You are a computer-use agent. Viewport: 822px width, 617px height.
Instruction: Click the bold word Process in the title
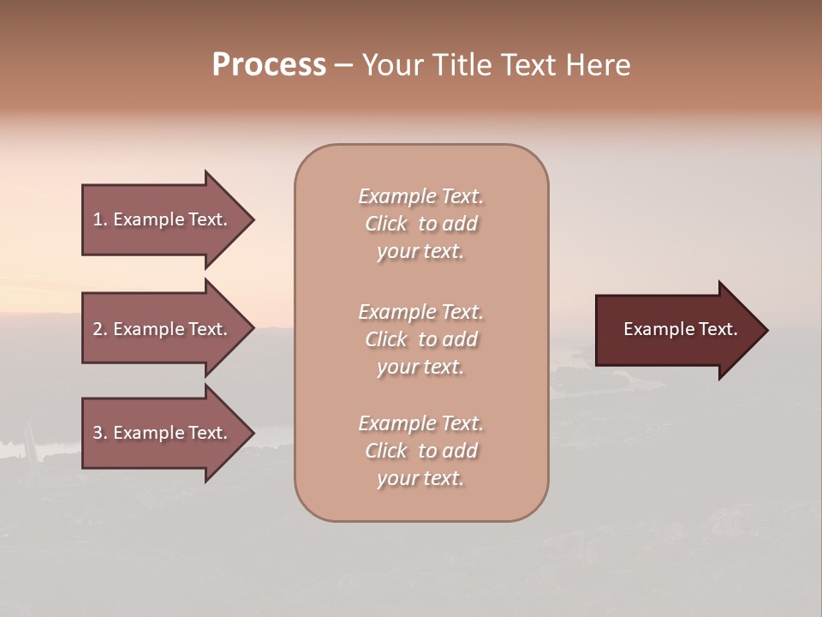(x=269, y=65)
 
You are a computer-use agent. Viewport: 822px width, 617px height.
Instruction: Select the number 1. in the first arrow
(x=100, y=219)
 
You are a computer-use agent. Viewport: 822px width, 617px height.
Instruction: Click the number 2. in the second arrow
(x=100, y=329)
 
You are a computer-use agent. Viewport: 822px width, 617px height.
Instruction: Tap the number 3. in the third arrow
(x=100, y=433)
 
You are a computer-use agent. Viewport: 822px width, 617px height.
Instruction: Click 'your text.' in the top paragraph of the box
(x=420, y=252)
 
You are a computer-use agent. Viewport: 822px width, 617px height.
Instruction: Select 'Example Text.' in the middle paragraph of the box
(x=420, y=312)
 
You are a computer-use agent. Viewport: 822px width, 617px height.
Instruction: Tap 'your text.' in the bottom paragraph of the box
(x=420, y=479)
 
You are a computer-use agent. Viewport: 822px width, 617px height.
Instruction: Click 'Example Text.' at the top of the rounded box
(x=420, y=196)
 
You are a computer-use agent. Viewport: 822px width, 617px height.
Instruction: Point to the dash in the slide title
(x=343, y=66)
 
